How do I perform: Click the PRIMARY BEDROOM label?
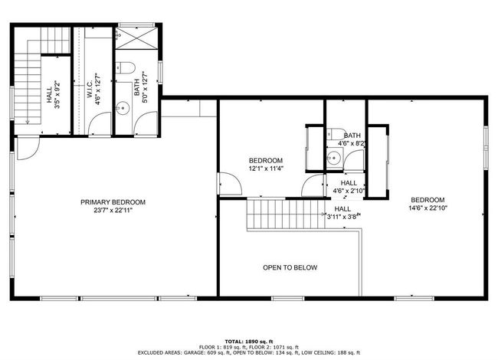coord(113,202)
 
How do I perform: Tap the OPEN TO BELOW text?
coord(290,267)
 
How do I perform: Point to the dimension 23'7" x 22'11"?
coord(113,210)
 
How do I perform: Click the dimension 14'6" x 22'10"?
coord(428,208)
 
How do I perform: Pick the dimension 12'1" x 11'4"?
coord(266,169)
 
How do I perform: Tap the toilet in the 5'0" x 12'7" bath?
coord(125,67)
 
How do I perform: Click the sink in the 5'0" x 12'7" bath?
coord(123,108)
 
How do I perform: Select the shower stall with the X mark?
coord(136,38)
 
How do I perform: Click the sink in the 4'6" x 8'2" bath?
coord(333,157)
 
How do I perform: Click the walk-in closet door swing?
coord(99,124)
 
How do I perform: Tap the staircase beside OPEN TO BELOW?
coord(287,214)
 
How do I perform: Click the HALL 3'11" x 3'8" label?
coord(343,213)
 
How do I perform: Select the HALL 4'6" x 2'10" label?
coord(349,187)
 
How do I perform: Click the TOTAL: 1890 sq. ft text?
coord(249,342)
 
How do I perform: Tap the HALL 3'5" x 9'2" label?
coord(54,95)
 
